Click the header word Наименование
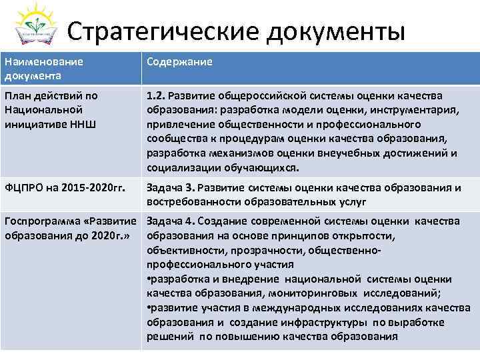[44, 61]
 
